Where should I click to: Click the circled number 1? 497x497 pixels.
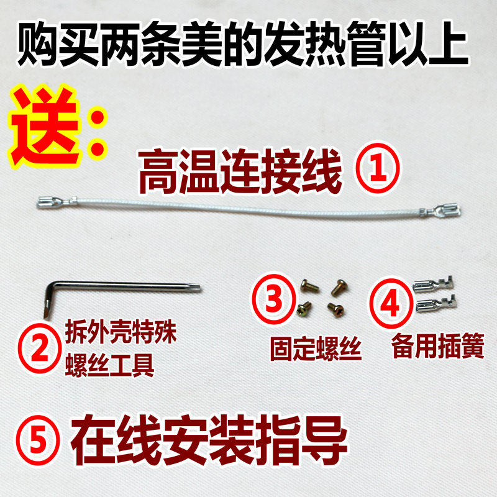pos(378,168)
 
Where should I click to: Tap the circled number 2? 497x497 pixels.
pos(39,350)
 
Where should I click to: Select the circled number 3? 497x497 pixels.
pos(273,299)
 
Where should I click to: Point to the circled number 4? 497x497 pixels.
pos(391,303)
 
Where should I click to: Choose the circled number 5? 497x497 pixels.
pos(38,440)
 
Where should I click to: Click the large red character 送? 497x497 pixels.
pos(43,126)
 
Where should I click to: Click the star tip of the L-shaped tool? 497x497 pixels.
pos(195,288)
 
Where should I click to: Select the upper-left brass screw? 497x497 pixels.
pos(309,286)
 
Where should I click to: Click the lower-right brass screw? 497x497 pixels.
pos(335,309)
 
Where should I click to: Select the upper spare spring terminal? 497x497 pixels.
pos(433,284)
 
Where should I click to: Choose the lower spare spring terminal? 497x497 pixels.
pos(435,303)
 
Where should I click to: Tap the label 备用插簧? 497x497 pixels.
pos(438,346)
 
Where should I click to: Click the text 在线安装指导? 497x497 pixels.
pos(209,440)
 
